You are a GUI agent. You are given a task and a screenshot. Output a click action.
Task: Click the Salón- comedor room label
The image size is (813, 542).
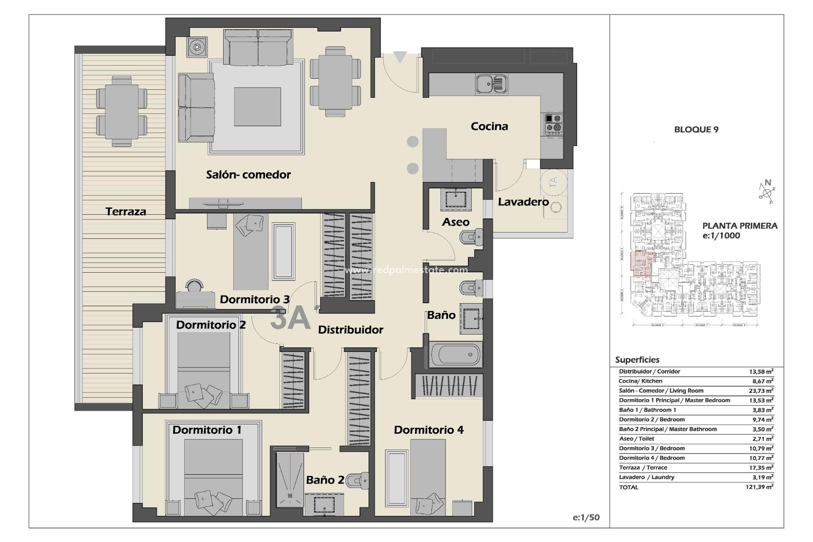(x=248, y=174)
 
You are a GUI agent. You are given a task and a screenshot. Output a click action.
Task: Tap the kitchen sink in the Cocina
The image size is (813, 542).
(x=491, y=83)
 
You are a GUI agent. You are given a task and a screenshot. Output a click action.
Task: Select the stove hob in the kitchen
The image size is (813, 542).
(x=553, y=124)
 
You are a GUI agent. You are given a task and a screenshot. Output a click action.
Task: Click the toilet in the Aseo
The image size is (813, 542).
(x=471, y=237)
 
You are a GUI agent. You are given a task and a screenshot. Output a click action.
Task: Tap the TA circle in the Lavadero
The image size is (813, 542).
(x=553, y=182)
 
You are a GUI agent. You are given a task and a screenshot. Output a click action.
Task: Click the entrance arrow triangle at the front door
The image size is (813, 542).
(x=400, y=57)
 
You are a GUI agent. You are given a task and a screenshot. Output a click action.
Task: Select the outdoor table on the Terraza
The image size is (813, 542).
(x=122, y=111)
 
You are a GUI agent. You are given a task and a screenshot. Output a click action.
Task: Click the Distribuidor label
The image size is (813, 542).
(x=350, y=330)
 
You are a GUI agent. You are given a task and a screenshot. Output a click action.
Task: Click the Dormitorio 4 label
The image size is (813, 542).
(x=429, y=430)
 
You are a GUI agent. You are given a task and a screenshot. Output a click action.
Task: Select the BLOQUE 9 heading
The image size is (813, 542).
(x=696, y=130)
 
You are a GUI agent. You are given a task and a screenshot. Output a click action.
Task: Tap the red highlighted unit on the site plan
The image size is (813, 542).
(x=642, y=263)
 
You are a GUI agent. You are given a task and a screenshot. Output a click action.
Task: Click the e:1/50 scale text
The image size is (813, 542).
(x=586, y=517)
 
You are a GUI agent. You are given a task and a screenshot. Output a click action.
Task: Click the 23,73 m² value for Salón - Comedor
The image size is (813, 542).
(x=761, y=390)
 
